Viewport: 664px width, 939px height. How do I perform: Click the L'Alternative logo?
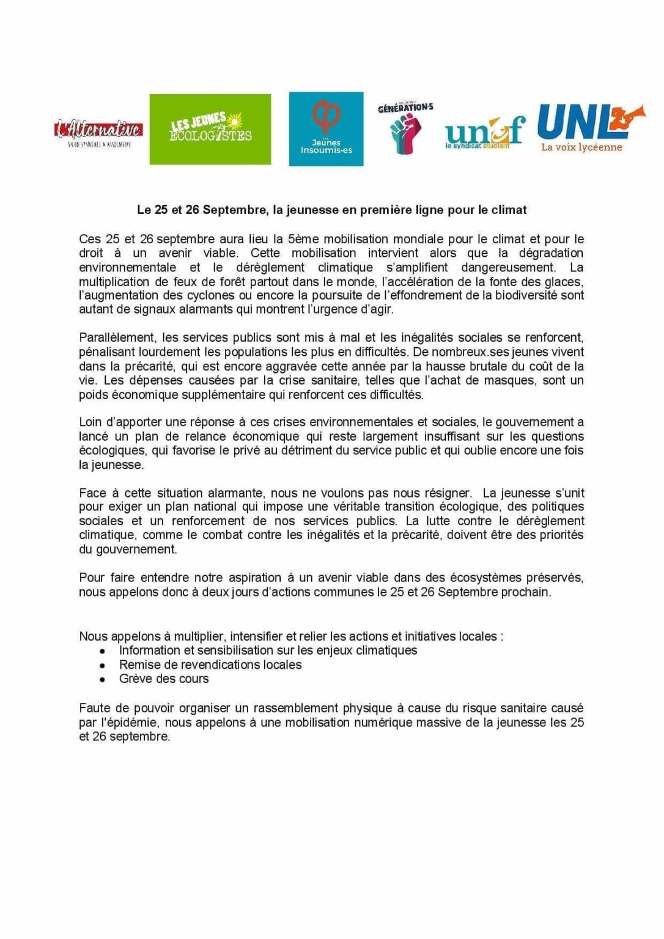click(x=98, y=131)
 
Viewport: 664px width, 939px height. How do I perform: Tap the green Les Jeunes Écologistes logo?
click(x=210, y=129)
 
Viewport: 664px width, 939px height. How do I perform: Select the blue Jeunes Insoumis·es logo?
click(x=326, y=129)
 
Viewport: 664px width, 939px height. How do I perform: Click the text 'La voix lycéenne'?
click(x=581, y=147)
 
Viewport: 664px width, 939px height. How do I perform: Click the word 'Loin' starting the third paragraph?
click(x=90, y=422)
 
